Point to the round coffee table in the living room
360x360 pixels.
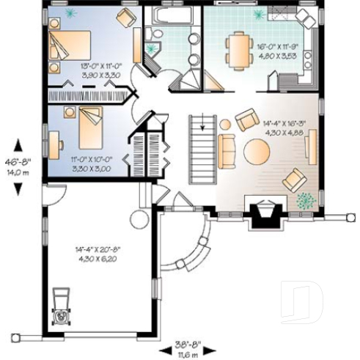[257, 152]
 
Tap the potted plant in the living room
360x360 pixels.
[305, 199]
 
